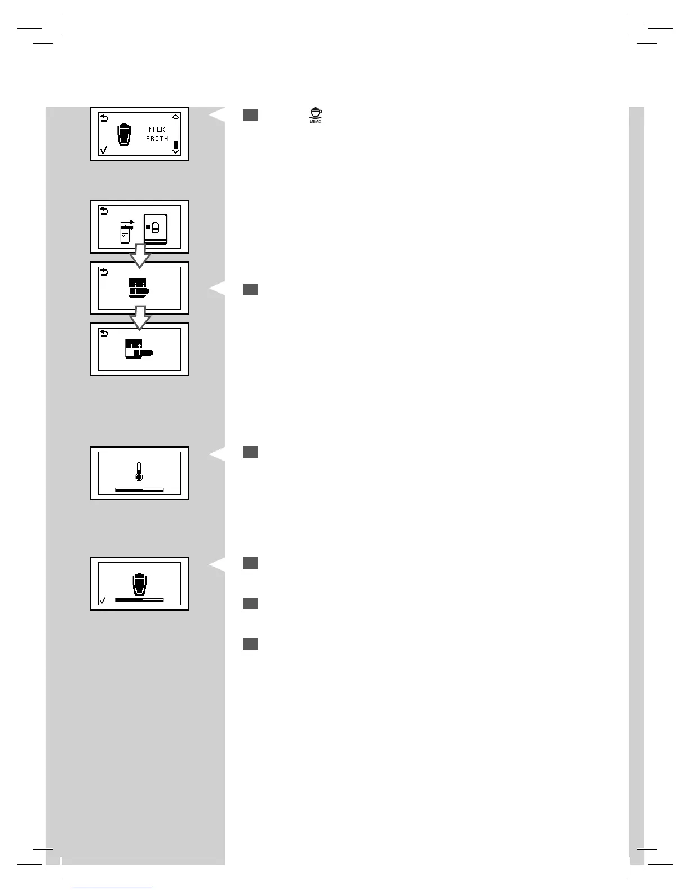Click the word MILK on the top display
[157, 130]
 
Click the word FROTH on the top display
[157, 139]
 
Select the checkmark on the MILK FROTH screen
[103, 150]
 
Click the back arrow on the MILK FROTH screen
[103, 118]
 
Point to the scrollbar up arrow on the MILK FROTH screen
[176, 117]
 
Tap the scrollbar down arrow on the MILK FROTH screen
[176, 151]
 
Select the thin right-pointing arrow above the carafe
[128, 223]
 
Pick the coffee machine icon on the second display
[156, 228]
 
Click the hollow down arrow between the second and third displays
[140, 258]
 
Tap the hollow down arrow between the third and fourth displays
[140, 319]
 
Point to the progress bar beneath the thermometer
[139, 490]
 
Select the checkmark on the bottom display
[103, 600]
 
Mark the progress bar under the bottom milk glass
[139, 600]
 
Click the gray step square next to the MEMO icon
[251, 115]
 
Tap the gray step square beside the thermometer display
[251, 452]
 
